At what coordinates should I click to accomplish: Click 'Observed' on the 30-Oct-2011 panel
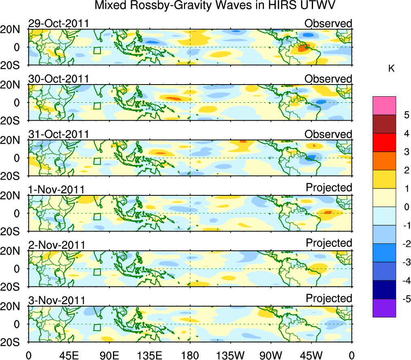click(328, 79)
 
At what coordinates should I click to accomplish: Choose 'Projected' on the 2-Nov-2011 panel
click(329, 243)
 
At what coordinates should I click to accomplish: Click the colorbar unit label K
click(391, 69)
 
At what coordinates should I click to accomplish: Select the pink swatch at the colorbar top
click(384, 106)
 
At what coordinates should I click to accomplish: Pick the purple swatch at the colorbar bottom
click(384, 308)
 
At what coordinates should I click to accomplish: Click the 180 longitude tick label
click(190, 356)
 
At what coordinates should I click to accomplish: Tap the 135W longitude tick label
click(230, 356)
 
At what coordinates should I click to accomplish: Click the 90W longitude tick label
click(271, 356)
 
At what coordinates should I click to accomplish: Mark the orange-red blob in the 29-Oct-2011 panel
click(302, 48)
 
